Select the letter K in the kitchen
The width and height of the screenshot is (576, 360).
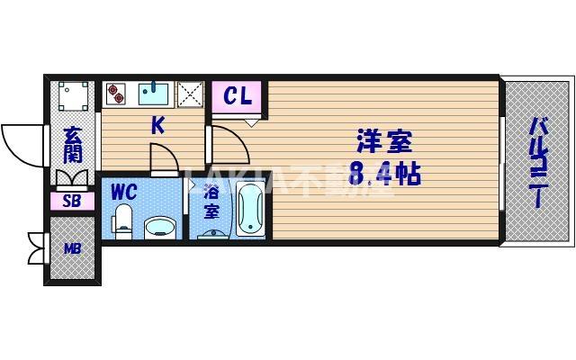[157, 127]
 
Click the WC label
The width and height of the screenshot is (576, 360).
[124, 191]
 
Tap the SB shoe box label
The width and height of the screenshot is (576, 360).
[72, 201]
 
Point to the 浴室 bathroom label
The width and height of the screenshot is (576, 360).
[211, 201]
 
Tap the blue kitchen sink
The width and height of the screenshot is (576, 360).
[156, 93]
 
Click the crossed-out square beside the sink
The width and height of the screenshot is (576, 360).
[191, 94]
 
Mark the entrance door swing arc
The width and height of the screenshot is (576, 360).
[20, 142]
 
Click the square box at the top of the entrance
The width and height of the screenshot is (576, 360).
[72, 94]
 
